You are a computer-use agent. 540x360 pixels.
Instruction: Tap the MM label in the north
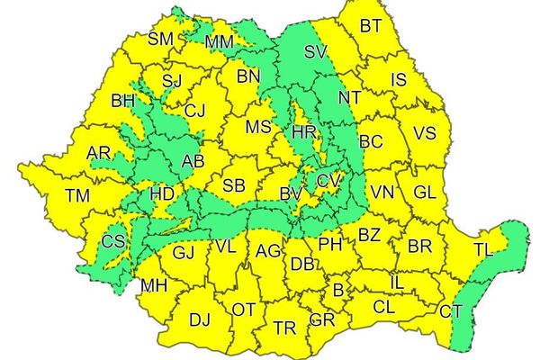pyautogui.click(x=220, y=42)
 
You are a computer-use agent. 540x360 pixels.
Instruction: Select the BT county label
pyautogui.click(x=370, y=25)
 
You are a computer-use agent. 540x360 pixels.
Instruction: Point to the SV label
pyautogui.click(x=315, y=52)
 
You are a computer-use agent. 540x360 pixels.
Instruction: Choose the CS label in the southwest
pyautogui.click(x=113, y=240)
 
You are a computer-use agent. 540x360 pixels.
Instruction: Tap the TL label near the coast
pyautogui.click(x=483, y=249)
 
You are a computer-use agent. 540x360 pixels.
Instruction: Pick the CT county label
pyautogui.click(x=451, y=311)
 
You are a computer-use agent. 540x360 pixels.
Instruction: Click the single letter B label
pyautogui.click(x=338, y=290)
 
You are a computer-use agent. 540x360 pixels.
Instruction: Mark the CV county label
pyautogui.click(x=328, y=181)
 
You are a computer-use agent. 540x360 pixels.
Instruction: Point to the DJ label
pyautogui.click(x=200, y=319)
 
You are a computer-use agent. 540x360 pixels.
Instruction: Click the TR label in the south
pyautogui.click(x=285, y=327)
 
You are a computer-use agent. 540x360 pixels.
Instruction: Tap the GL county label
pyautogui.click(x=425, y=193)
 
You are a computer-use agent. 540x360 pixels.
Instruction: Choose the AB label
pyautogui.click(x=193, y=162)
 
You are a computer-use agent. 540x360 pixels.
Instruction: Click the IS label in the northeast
pyautogui.click(x=399, y=80)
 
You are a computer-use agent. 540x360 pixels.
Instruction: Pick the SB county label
pyautogui.click(x=234, y=186)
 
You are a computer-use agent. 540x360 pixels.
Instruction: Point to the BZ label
pyautogui.click(x=369, y=235)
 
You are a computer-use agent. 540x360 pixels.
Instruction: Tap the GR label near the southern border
pyautogui.click(x=322, y=320)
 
